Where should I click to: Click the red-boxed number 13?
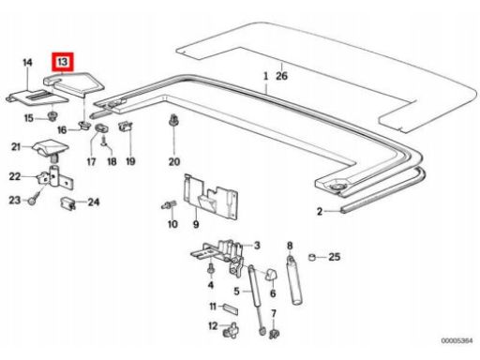pos(63,62)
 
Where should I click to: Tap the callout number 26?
pos(281,76)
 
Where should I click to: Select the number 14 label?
pos(27,62)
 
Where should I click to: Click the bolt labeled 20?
pos(172,120)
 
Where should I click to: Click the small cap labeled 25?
pos(311,257)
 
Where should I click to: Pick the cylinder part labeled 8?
pos(294,279)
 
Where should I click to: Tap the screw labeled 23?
pos(34,199)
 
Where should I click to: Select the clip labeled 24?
pos(67,203)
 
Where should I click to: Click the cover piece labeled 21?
pos(51,148)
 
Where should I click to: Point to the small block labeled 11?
pos(231,308)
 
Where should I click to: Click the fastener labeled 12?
pos(231,330)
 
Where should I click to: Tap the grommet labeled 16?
pos(84,126)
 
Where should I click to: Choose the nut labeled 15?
pos(52,116)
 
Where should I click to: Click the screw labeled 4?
pos(211,269)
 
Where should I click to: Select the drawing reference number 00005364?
pos(457,340)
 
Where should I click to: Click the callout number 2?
pos(319,212)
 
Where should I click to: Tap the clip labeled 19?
pos(126,126)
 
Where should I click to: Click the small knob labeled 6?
pos(271,274)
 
